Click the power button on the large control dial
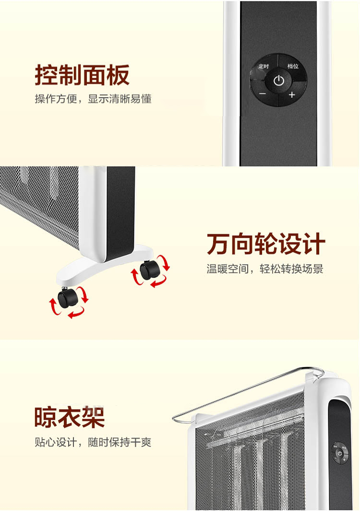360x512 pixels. pyautogui.click(x=279, y=80)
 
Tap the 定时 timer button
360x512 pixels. pyautogui.click(x=264, y=67)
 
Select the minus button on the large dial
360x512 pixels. pyautogui.click(x=263, y=94)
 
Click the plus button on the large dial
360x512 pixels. pyautogui.click(x=292, y=95)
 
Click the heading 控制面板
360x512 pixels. pyautogui.click(x=82, y=75)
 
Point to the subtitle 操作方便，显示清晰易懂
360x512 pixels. pyautogui.click(x=93, y=98)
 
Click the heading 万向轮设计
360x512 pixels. pyautogui.click(x=266, y=244)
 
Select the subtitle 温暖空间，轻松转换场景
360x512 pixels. pyautogui.click(x=264, y=269)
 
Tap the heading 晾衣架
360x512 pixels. pyautogui.click(x=70, y=417)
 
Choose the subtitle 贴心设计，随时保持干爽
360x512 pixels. pyautogui.click(x=93, y=442)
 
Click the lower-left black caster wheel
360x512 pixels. pyautogui.click(x=67, y=297)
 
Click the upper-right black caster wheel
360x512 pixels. pyautogui.click(x=150, y=270)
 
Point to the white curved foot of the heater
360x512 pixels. pyautogui.click(x=105, y=265)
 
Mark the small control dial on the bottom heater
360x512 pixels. pyautogui.click(x=340, y=453)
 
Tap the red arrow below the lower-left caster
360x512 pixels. pyautogui.click(x=76, y=314)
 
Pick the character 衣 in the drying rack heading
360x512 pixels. pyautogui.click(x=70, y=417)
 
